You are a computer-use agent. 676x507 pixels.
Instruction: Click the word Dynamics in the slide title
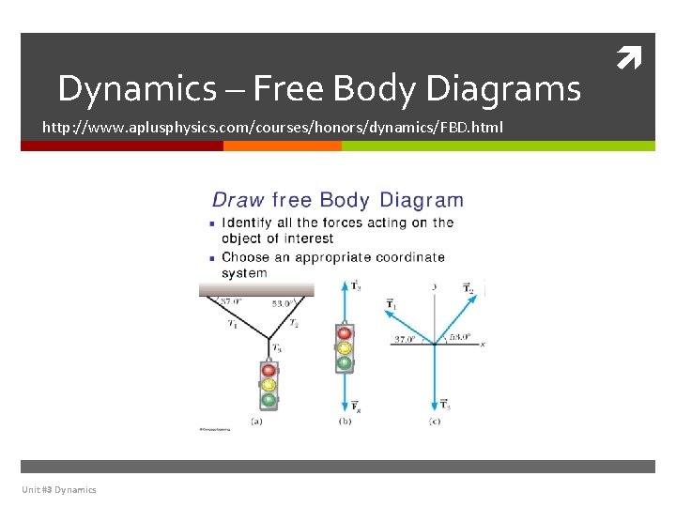(137, 89)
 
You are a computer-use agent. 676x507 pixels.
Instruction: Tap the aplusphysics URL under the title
(273, 126)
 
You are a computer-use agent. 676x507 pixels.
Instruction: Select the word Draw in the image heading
(238, 200)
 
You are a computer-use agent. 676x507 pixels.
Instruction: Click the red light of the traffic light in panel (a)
(269, 370)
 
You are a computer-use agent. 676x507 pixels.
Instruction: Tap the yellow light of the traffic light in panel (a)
(269, 384)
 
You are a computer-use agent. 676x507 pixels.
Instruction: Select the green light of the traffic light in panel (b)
(345, 362)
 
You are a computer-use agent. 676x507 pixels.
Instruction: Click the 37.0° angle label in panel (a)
(230, 301)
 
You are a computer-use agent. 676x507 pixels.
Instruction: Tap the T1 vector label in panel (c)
(392, 304)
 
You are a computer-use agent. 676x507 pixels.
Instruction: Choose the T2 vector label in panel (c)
(469, 287)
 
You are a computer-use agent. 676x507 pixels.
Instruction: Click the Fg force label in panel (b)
(356, 406)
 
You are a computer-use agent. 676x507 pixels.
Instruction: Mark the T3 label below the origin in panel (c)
(445, 405)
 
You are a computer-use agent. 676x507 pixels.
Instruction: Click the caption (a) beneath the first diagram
(256, 422)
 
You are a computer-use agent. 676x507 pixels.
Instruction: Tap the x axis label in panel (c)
(482, 345)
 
